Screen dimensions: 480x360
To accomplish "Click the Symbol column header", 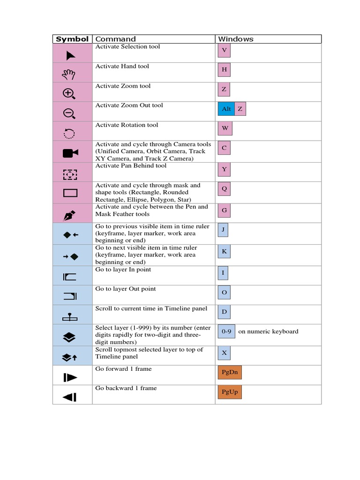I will [72, 39].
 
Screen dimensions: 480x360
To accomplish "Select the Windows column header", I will [236, 39].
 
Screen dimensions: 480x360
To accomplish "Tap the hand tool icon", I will [69, 74].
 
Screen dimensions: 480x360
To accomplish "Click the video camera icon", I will [70, 153].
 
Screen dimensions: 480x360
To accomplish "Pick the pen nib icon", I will [69, 215].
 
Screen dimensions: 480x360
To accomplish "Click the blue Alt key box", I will [226, 109].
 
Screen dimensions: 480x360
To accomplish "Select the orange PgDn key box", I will [229, 373].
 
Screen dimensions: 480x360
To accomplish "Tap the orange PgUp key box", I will [229, 391].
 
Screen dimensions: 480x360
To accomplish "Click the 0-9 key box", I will [226, 331].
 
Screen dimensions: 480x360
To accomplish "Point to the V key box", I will [224, 50].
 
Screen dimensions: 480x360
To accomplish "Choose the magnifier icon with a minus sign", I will [69, 113].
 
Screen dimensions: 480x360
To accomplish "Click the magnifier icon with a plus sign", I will [69, 93].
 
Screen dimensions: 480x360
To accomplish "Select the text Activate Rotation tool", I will [127, 125].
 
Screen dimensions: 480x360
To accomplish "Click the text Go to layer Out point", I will [126, 289].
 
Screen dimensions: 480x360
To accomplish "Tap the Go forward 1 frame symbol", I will [70, 377].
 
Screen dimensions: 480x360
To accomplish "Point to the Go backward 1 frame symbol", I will [69, 397].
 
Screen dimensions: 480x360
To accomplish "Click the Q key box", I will [224, 189].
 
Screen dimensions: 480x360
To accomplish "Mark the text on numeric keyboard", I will [268, 331].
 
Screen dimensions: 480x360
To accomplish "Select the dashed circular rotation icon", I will [69, 133].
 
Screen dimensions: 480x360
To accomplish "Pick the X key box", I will [224, 353].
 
